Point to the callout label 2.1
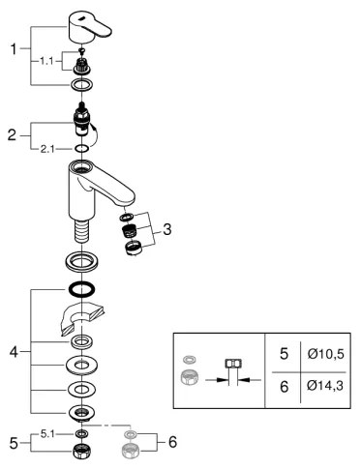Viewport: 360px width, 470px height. (47, 149)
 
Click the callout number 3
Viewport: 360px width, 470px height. (168, 230)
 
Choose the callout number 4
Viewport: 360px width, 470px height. (13, 350)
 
